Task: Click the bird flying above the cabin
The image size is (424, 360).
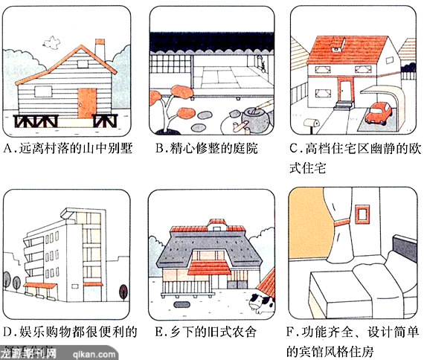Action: [51, 42]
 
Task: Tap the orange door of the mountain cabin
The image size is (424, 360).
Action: [87, 103]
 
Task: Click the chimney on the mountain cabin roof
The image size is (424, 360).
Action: [100, 48]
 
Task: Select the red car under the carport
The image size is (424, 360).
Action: [379, 113]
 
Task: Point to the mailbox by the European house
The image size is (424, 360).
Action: [312, 123]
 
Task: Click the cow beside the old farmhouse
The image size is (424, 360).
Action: [262, 303]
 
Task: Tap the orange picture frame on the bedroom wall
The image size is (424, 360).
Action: [362, 214]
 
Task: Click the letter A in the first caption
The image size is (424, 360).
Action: [9, 149]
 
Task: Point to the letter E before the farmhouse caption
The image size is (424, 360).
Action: [159, 332]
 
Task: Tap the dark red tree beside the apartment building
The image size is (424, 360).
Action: [123, 292]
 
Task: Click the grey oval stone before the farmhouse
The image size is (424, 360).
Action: [182, 305]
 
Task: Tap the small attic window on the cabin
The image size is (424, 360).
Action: [83, 64]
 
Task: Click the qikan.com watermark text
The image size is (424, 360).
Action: [94, 354]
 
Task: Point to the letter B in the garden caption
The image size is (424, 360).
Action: [160, 149]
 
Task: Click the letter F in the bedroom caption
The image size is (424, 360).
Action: [291, 332]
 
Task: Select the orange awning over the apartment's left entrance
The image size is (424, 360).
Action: [40, 286]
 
